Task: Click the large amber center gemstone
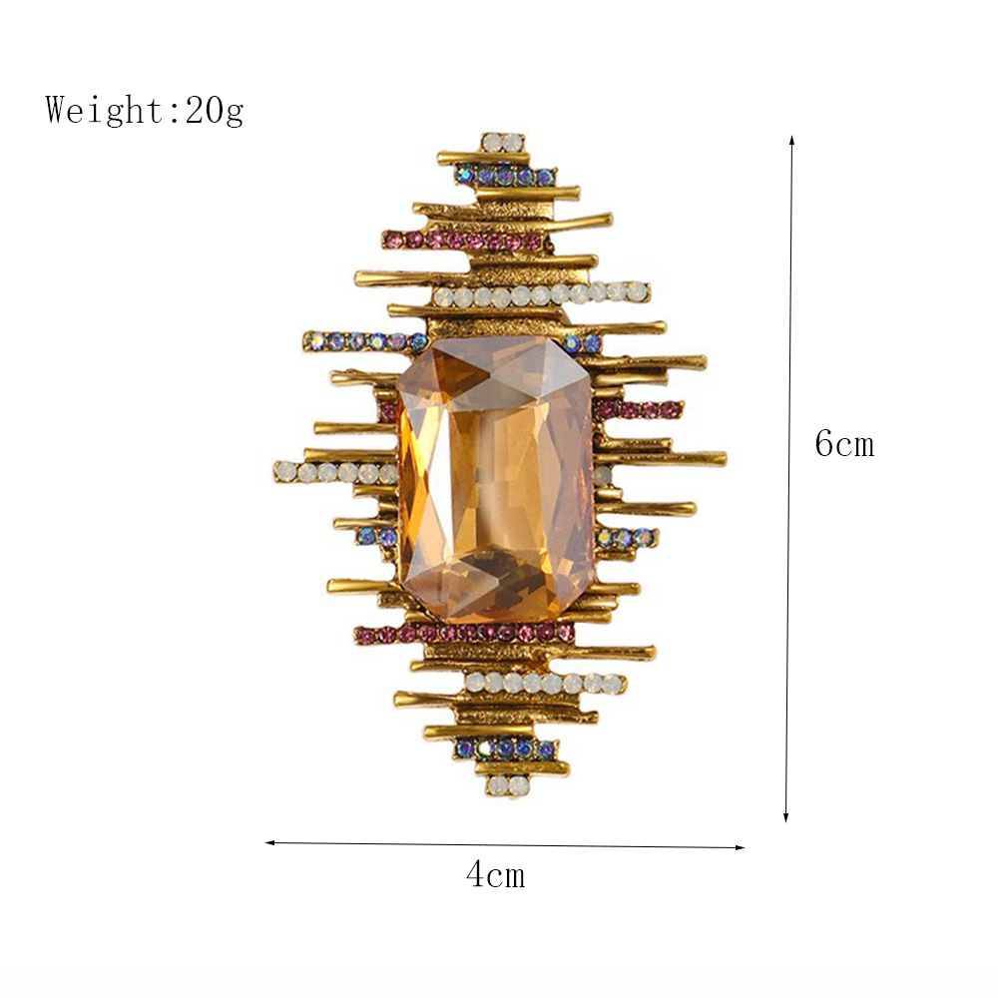click(x=495, y=480)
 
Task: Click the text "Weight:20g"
click(x=145, y=110)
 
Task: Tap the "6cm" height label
click(x=844, y=443)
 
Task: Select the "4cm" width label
click(x=496, y=874)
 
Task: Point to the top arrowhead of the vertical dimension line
click(x=791, y=139)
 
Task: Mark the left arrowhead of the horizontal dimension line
click(x=269, y=842)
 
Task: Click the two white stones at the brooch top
click(x=503, y=143)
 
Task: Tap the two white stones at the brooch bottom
click(x=508, y=783)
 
